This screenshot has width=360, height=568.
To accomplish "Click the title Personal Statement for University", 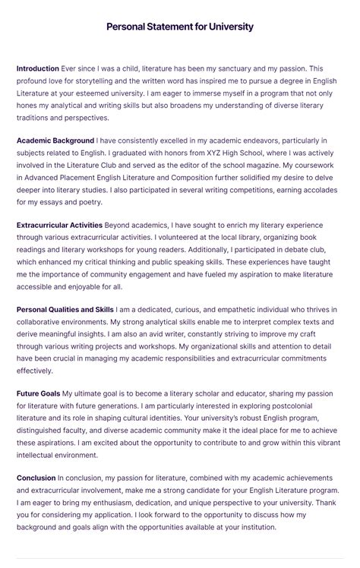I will click(180, 27).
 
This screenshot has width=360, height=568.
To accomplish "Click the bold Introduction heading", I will click(38, 68).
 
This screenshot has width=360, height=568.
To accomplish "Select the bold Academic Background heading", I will click(55, 140).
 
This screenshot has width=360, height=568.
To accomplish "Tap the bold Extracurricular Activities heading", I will click(59, 225).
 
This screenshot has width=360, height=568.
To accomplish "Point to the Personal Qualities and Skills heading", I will click(65, 310).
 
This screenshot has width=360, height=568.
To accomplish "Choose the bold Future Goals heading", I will click(39, 393).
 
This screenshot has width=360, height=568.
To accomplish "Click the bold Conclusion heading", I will click(36, 478).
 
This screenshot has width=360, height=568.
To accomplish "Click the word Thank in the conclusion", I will click(327, 503).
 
